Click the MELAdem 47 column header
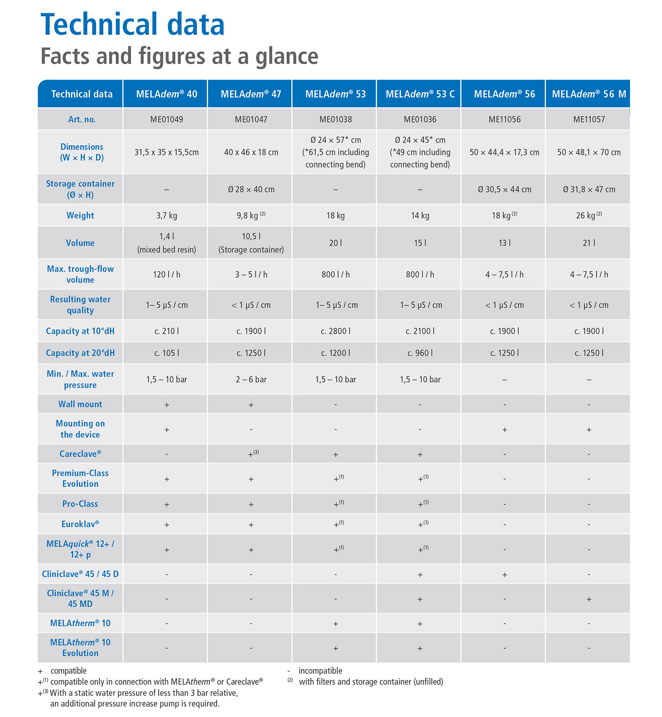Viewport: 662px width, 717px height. click(251, 94)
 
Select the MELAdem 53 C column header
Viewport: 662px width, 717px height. click(420, 94)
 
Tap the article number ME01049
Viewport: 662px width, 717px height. click(166, 119)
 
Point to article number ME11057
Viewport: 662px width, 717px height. click(589, 119)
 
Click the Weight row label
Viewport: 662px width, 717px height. click(80, 215)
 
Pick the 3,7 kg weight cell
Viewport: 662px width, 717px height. click(166, 215)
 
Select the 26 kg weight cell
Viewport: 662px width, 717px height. click(589, 215)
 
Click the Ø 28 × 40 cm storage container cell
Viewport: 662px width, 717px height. click(251, 189)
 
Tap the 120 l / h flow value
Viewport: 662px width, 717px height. click(166, 275)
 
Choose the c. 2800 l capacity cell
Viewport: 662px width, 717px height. click(335, 331)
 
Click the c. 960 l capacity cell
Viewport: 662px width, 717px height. click(420, 353)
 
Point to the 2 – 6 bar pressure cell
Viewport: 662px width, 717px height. click(251, 380)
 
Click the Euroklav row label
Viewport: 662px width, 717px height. click(80, 524)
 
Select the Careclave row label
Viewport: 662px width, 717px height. click(80, 454)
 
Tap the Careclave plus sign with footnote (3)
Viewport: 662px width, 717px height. click(253, 453)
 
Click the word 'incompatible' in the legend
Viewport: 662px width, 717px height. click(320, 671)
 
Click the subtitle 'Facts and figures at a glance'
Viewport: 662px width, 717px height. click(179, 57)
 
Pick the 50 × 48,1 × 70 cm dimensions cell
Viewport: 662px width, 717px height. click(589, 152)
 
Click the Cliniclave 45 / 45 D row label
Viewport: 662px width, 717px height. click(80, 574)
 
